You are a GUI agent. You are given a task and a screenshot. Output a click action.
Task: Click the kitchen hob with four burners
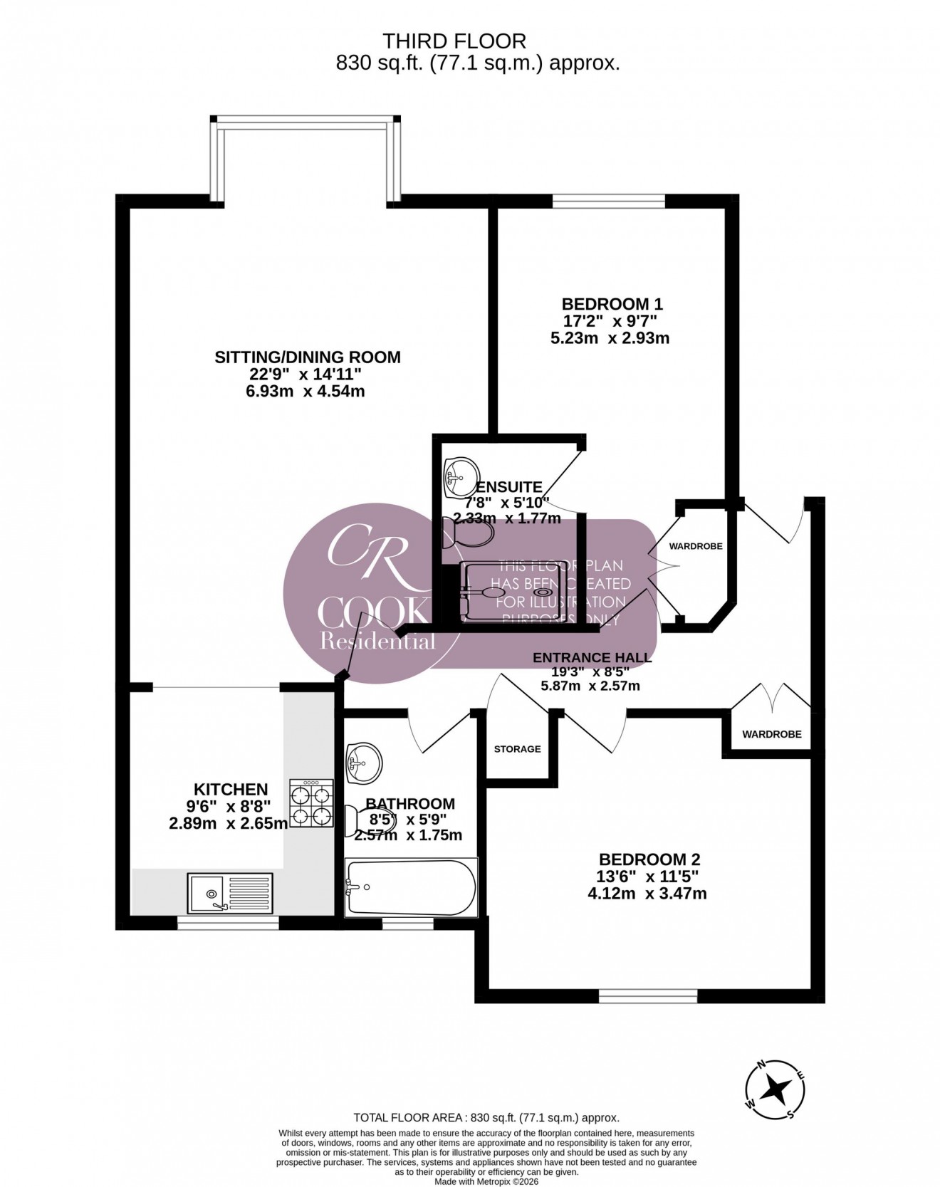[311, 802]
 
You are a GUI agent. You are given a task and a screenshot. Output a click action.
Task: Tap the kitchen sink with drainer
[230, 893]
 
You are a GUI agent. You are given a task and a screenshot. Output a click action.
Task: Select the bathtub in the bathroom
[410, 887]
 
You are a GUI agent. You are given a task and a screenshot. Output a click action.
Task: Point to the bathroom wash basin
[364, 763]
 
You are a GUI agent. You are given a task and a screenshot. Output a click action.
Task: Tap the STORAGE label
[518, 749]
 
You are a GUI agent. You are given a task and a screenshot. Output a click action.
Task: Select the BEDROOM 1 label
[612, 304]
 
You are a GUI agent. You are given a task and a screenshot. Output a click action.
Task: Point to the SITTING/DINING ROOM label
[308, 357]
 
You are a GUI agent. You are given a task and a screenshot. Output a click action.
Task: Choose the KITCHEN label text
[231, 789]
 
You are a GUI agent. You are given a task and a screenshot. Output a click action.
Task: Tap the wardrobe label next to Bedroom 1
[696, 546]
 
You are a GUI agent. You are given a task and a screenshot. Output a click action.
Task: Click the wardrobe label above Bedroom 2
[771, 734]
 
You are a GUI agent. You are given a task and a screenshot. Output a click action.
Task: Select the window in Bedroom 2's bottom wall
[647, 995]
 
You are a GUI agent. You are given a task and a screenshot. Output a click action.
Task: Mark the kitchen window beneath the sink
[228, 923]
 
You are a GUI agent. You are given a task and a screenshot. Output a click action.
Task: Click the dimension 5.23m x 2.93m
[610, 338]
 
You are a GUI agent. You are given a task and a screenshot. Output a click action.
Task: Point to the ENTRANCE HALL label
[592, 658]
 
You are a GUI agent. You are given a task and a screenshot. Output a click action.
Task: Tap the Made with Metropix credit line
[487, 1181]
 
